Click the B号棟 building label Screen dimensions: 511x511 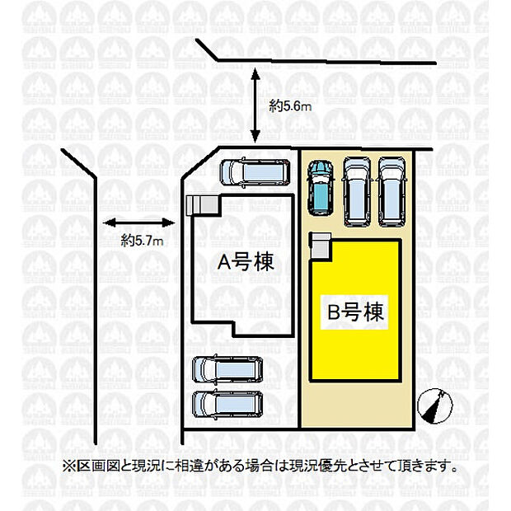(x=355, y=312)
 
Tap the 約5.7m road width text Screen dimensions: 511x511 (x=142, y=241)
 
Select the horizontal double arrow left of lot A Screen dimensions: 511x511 (x=138, y=221)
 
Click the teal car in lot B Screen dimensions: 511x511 (x=320, y=187)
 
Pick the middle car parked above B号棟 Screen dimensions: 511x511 (x=357, y=190)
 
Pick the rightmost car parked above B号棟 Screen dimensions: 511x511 (x=391, y=190)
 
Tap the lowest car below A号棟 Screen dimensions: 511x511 (x=227, y=404)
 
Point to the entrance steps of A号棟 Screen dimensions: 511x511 (x=199, y=204)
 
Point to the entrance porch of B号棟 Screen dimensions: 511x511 (x=320, y=245)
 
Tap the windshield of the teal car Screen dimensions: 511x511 (x=320, y=176)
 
